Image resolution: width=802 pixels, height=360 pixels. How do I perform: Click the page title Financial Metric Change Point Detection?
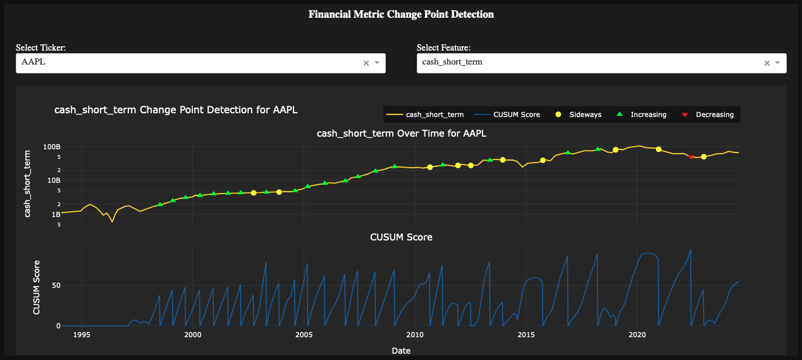pyautogui.click(x=401, y=14)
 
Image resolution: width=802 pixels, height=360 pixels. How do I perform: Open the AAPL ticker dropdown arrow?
pyautogui.click(x=377, y=63)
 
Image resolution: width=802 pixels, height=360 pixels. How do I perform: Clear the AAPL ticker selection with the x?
pyautogui.click(x=366, y=63)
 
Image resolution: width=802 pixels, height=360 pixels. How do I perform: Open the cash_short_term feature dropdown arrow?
pyautogui.click(x=778, y=63)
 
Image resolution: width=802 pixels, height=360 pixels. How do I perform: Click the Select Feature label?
pyautogui.click(x=443, y=48)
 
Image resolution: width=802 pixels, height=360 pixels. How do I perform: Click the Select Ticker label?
pyautogui.click(x=41, y=48)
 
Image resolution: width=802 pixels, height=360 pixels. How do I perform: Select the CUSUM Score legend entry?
pyautogui.click(x=517, y=115)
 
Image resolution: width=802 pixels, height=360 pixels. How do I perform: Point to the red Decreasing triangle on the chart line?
pyautogui.click(x=691, y=157)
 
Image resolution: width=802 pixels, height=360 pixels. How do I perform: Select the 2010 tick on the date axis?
pyautogui.click(x=414, y=335)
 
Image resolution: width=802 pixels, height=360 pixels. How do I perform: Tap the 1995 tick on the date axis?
pyautogui.click(x=81, y=335)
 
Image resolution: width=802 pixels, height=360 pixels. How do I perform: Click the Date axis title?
pyautogui.click(x=401, y=350)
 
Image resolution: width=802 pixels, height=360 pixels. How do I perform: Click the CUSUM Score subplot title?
pyautogui.click(x=401, y=237)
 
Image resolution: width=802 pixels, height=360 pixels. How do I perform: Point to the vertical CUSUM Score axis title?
pyautogui.click(x=37, y=287)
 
